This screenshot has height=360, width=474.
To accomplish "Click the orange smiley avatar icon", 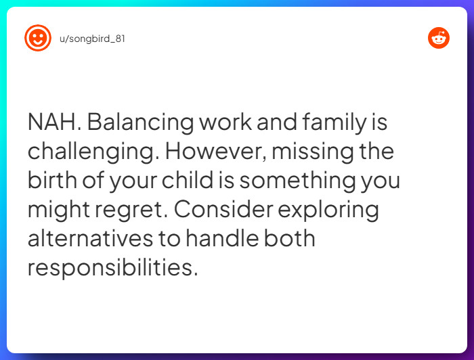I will tap(38, 38).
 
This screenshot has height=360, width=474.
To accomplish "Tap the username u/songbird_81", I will tap(92, 39).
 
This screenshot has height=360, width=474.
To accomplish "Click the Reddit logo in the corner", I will tap(439, 38).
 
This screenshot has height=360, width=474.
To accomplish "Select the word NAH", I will tap(54, 123).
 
